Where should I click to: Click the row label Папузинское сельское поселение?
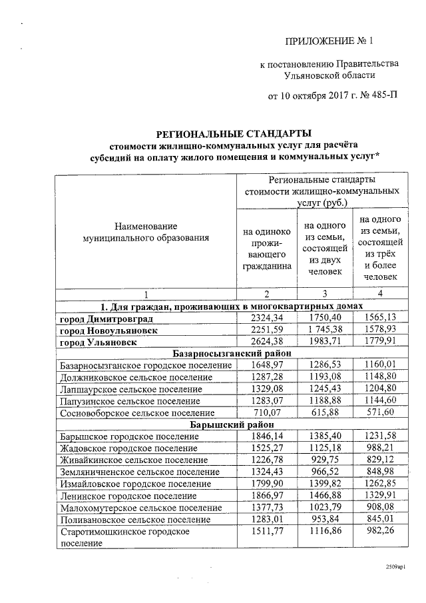pyautogui.click(x=129, y=401)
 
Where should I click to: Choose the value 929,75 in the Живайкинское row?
pyautogui.click(x=325, y=460)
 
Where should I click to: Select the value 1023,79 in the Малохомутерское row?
pyautogui.click(x=325, y=508)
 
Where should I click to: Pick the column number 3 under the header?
pyautogui.click(x=325, y=295)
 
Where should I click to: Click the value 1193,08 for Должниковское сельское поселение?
pyautogui.click(x=325, y=378)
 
